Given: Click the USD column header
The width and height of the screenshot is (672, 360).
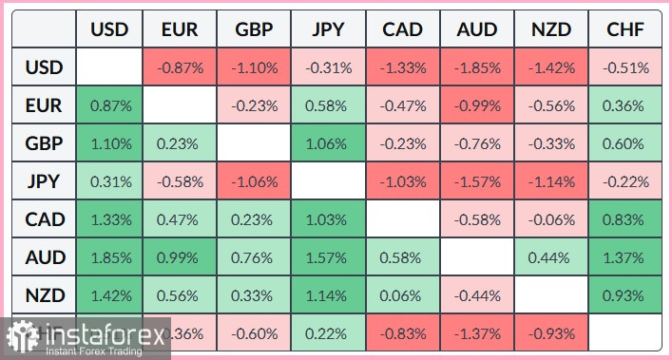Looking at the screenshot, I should tap(109, 30).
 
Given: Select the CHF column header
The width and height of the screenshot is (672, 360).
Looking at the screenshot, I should tap(624, 30).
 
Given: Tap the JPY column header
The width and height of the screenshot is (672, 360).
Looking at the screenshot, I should tap(328, 30).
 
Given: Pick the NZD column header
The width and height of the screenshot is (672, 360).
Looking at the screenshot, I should tap(550, 30).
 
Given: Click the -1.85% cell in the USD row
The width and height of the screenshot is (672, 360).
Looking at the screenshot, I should tap(477, 68).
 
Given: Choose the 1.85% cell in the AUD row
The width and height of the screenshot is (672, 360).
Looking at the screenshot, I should tap(109, 257).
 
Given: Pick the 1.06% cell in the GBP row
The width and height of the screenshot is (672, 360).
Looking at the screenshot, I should tap(328, 144).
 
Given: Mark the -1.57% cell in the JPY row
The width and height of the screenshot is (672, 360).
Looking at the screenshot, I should tap(477, 182).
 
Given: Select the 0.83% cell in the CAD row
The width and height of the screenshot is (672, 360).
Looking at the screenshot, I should tap(624, 219).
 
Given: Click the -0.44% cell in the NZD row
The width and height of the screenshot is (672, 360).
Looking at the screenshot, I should tap(477, 294).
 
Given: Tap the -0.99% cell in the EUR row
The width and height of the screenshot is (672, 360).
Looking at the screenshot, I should tap(477, 106).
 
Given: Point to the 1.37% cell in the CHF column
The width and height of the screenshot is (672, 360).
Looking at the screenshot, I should tap(624, 257).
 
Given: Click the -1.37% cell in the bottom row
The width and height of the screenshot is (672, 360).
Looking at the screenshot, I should tap(477, 332).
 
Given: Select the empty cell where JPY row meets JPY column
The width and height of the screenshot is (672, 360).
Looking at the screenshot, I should tap(328, 182).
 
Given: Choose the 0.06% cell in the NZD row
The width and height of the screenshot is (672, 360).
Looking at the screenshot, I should tap(403, 294).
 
